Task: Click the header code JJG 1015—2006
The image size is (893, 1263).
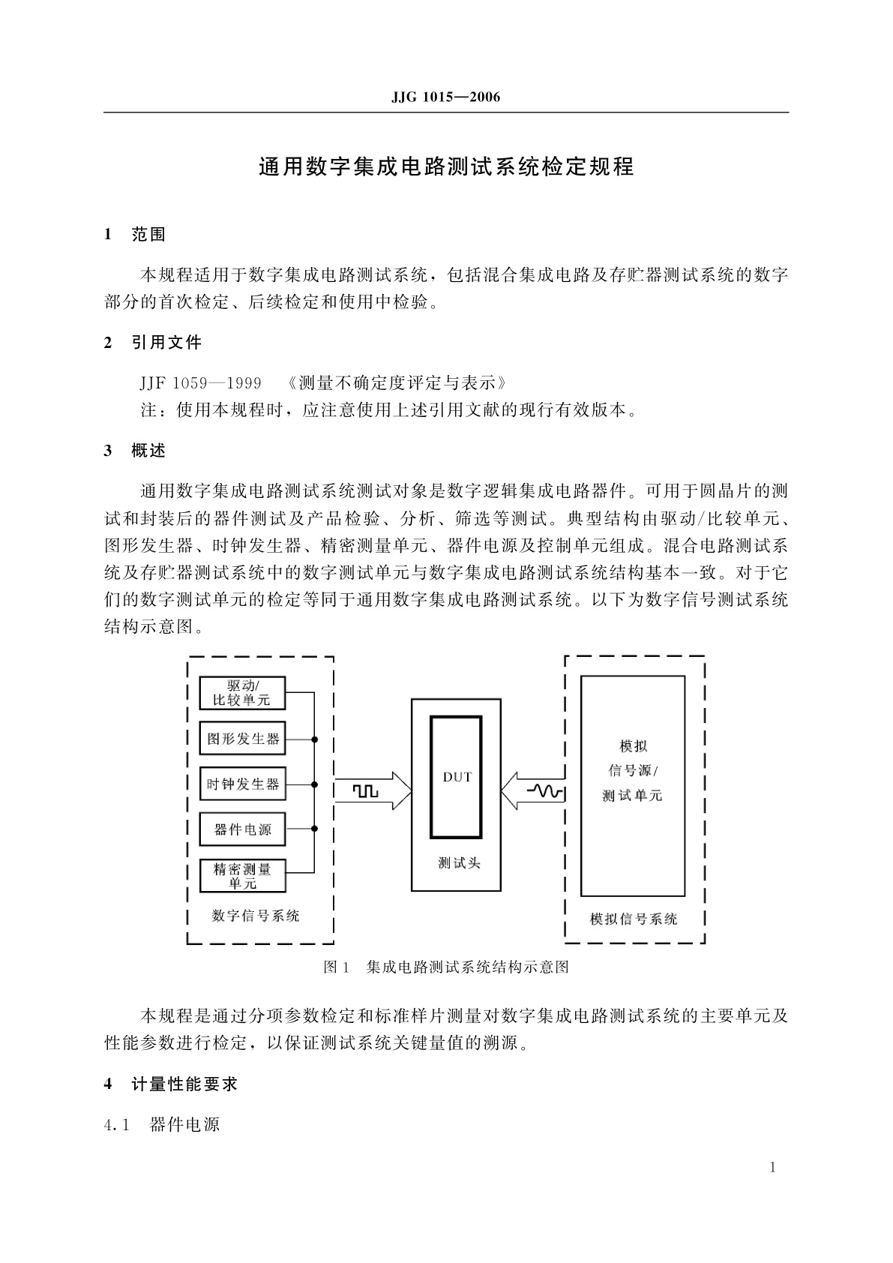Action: pyautogui.click(x=445, y=97)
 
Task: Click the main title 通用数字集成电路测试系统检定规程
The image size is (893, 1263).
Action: pyautogui.click(x=446, y=166)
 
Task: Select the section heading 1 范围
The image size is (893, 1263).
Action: pyautogui.click(x=135, y=235)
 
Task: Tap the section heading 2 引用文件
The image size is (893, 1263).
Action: pyautogui.click(x=153, y=343)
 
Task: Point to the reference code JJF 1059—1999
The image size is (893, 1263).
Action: pyautogui.click(x=200, y=383)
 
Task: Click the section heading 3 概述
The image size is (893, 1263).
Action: pyautogui.click(x=135, y=451)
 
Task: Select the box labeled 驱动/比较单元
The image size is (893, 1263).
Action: pyautogui.click(x=242, y=693)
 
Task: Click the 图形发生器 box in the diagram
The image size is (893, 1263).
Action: pyautogui.click(x=242, y=739)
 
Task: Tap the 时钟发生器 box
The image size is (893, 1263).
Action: pyautogui.click(x=242, y=784)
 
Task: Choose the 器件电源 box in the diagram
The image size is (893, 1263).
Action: pyautogui.click(x=242, y=829)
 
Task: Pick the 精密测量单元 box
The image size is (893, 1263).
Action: pyautogui.click(x=242, y=876)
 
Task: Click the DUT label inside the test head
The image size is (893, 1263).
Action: pyautogui.click(x=457, y=777)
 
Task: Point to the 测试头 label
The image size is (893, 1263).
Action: pyautogui.click(x=459, y=863)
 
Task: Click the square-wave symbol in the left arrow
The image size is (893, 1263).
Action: pyautogui.click(x=367, y=791)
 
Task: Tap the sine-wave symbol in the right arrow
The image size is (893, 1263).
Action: pyautogui.click(x=544, y=791)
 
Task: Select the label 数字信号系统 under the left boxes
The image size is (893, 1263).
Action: pyautogui.click(x=256, y=916)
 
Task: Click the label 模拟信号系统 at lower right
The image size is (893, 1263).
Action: pyautogui.click(x=634, y=919)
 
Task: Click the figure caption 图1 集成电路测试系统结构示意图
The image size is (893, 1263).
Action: pyautogui.click(x=446, y=967)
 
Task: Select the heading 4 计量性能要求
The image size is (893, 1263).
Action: pyautogui.click(x=171, y=1084)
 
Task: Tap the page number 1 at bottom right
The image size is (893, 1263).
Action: pyautogui.click(x=773, y=1167)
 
